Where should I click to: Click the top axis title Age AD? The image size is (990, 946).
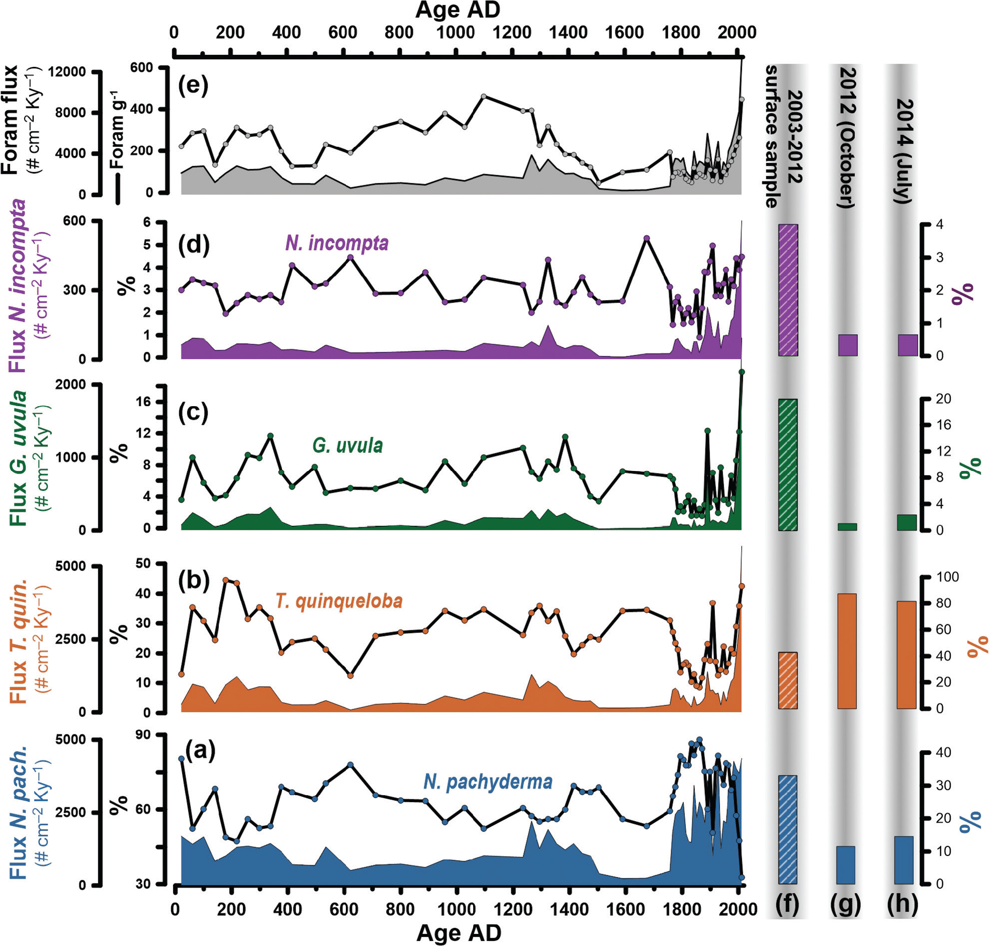[458, 10]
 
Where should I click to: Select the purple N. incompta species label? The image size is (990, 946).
[337, 243]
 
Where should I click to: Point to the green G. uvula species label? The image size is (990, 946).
[347, 445]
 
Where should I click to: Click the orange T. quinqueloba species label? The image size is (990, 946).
[339, 601]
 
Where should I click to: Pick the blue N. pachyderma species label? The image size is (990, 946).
[488, 781]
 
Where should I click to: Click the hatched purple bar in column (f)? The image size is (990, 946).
[788, 290]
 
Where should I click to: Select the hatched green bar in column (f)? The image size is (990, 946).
[788, 464]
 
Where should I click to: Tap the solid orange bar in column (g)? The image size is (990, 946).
[847, 650]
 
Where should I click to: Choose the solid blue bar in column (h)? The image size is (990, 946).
[904, 860]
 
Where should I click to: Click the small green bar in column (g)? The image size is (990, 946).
[847, 526]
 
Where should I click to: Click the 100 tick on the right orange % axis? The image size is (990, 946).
[947, 577]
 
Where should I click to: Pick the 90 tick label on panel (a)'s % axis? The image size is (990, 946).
[143, 735]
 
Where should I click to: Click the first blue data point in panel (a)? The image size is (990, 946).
[182, 759]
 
